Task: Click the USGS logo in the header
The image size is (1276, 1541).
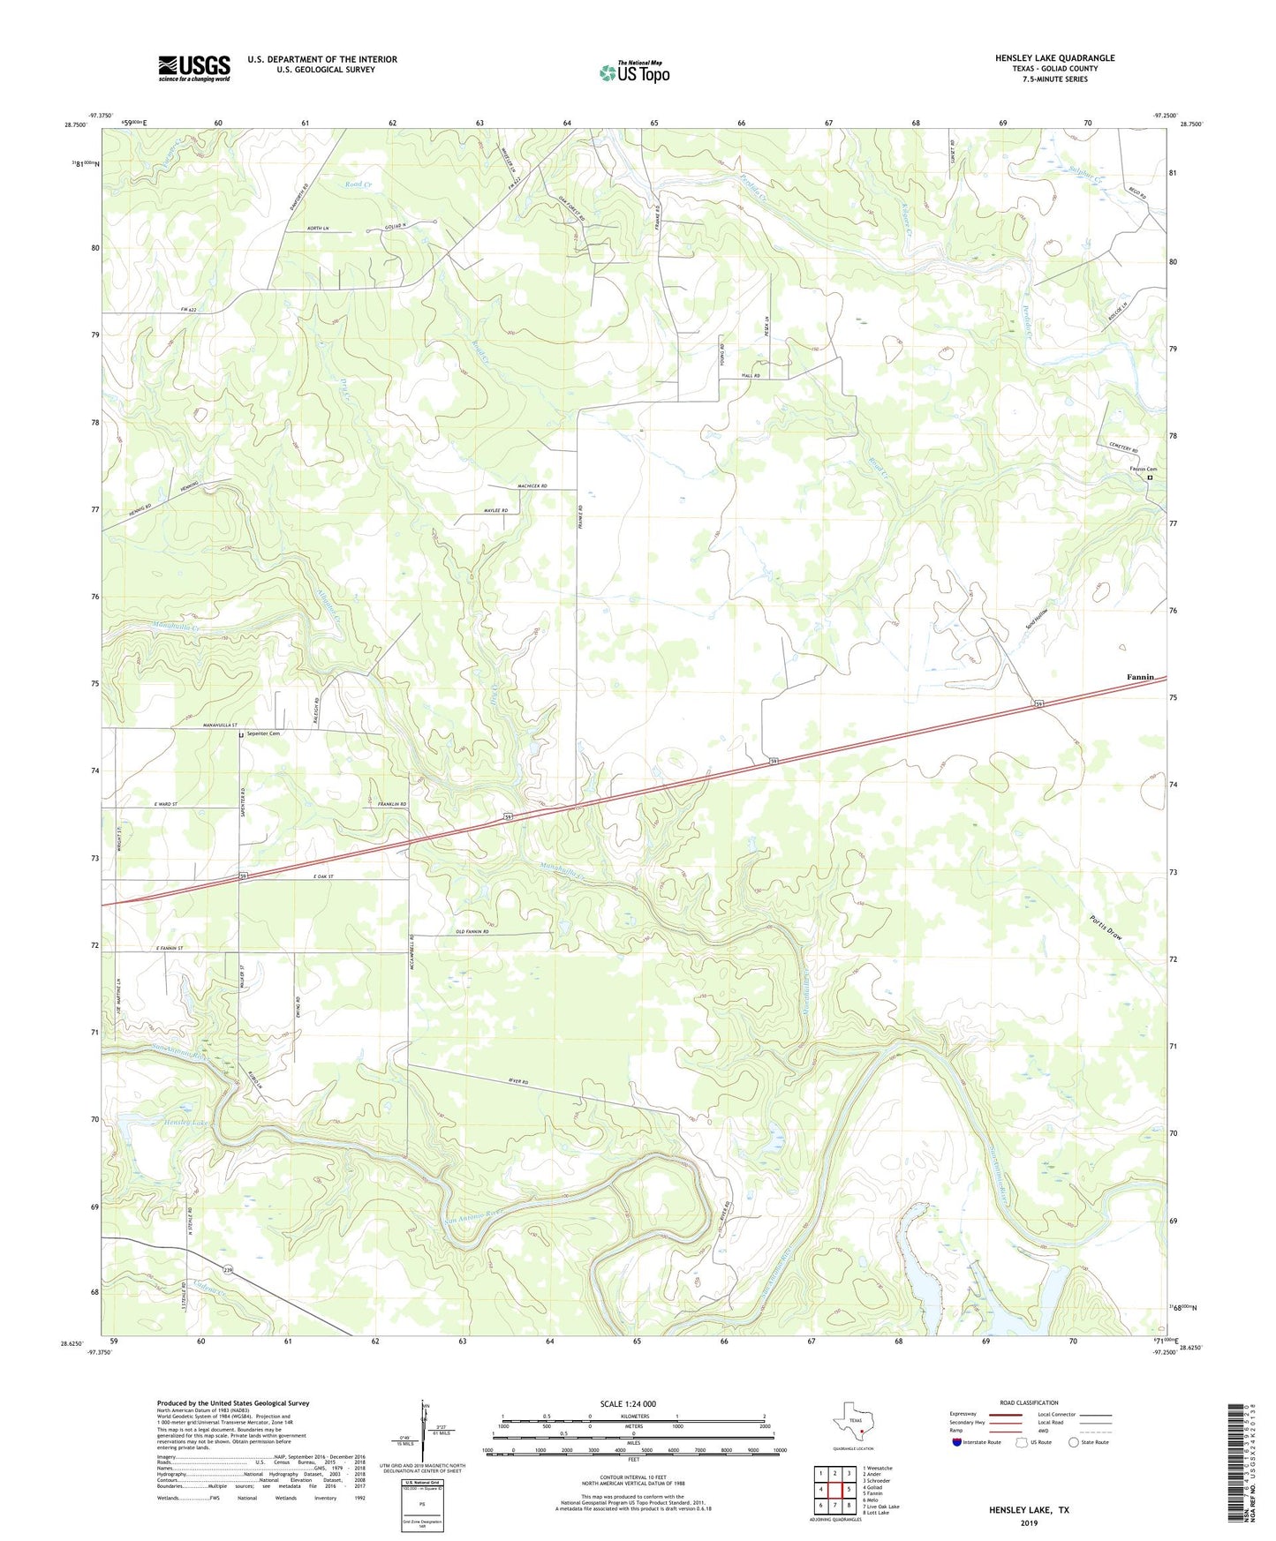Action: click(194, 68)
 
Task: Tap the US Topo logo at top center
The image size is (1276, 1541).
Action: click(634, 71)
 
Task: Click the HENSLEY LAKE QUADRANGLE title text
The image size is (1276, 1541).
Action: click(1054, 58)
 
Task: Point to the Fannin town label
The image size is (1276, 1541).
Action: click(1140, 677)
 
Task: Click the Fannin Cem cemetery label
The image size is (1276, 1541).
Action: click(1143, 469)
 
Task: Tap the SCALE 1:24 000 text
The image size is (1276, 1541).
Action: click(627, 1403)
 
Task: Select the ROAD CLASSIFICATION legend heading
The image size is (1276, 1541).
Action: click(1029, 1402)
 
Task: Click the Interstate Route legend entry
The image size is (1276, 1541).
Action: click(981, 1442)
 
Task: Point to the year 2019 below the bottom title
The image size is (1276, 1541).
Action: click(1029, 1522)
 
